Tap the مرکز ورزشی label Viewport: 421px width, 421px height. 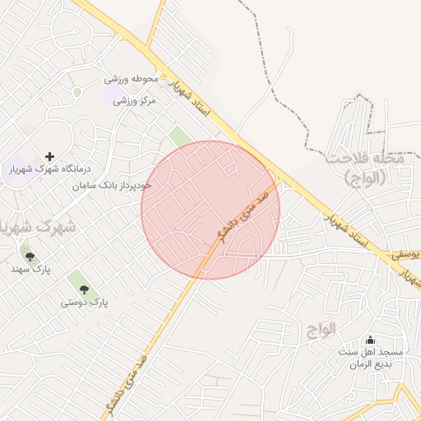134,101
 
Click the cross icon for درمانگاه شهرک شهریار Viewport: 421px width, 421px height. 50,155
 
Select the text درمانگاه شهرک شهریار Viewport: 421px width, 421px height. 50,169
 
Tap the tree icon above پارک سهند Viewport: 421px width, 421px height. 30,257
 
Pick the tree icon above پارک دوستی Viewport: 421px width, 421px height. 84,289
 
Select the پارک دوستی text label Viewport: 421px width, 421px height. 84,303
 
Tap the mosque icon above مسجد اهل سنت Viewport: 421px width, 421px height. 369,340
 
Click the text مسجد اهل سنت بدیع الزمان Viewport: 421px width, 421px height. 369,358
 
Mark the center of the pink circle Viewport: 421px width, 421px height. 210,210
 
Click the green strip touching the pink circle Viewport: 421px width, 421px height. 178,136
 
